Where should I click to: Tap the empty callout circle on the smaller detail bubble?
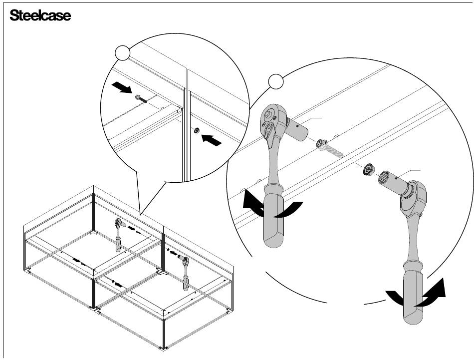[x=123, y=52]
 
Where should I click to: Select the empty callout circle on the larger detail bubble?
[x=276, y=80]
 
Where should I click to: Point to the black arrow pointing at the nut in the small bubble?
[x=211, y=140]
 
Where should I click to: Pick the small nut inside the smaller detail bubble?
[x=197, y=131]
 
